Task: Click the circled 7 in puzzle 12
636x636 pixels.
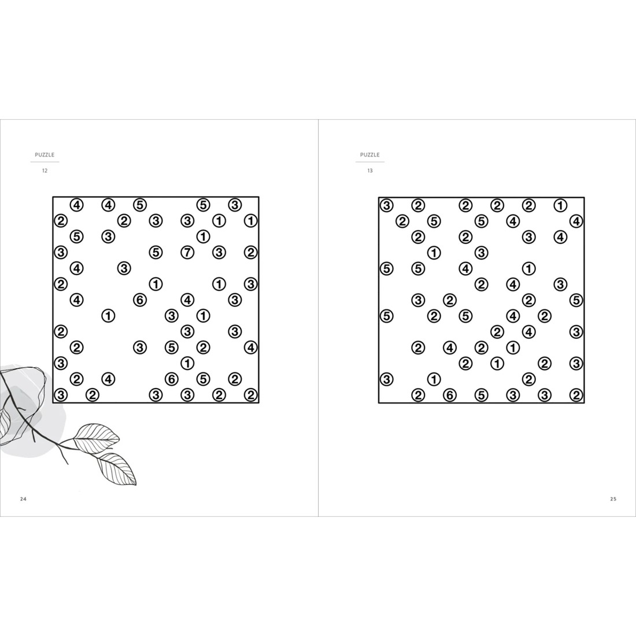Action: coord(187,252)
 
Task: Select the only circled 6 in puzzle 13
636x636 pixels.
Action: coord(450,395)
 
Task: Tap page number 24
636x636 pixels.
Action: coord(23,499)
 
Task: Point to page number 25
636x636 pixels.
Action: coord(613,499)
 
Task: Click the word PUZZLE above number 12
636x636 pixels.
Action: coord(45,155)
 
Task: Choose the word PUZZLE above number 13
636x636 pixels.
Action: coord(370,155)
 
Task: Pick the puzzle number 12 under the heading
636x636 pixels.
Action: coord(45,171)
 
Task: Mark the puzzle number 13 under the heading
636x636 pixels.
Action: coord(370,171)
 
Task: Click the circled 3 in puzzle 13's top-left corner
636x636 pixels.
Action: coord(386,205)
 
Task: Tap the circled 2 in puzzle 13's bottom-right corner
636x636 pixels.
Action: coord(576,395)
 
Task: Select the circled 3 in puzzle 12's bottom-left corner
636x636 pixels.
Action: coord(61,395)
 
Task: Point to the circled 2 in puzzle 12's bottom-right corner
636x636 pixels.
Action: coord(250,395)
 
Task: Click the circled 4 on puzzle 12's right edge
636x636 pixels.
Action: coord(250,347)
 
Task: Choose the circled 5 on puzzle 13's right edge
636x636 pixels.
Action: coord(576,300)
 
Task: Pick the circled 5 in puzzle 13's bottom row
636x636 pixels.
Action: coord(481,395)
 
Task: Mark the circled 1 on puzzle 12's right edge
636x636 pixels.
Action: coord(250,221)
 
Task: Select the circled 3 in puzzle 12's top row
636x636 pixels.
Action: coord(235,205)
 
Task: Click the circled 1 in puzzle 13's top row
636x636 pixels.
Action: coord(560,205)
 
